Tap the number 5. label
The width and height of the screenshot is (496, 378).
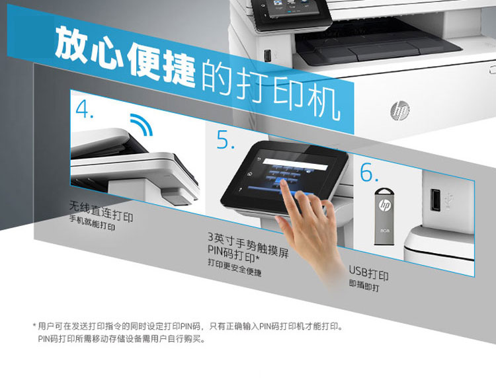[x=225, y=141]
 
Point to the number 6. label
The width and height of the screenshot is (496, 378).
[x=369, y=172]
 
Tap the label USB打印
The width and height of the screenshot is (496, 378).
[x=368, y=274]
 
